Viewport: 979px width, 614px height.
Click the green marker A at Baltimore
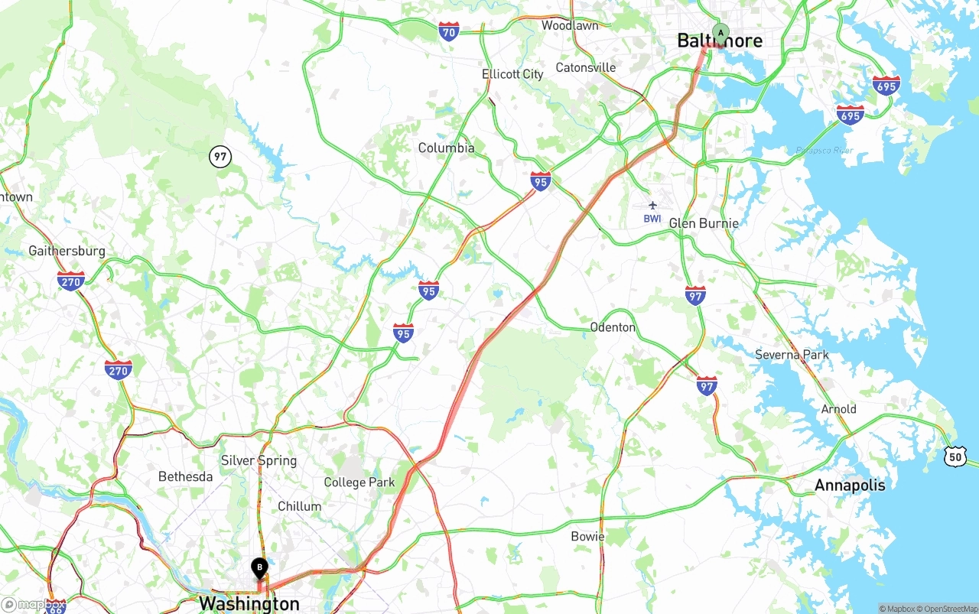click(x=720, y=33)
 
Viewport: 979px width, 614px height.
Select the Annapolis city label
click(x=849, y=485)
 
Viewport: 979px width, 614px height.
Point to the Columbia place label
click(x=446, y=148)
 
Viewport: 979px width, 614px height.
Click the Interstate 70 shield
click(x=449, y=31)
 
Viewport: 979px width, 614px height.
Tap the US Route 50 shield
click(x=955, y=456)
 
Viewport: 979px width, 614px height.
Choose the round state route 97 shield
click(x=220, y=158)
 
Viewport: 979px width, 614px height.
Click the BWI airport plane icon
click(x=652, y=205)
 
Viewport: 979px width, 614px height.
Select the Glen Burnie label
click(x=704, y=223)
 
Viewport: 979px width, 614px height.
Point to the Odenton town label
click(x=612, y=327)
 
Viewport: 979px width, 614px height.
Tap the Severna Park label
click(x=792, y=355)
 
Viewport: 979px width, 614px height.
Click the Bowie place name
click(x=587, y=536)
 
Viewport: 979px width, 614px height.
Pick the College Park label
click(x=359, y=482)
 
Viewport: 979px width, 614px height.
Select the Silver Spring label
click(x=259, y=460)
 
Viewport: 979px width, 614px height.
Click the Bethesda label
click(x=185, y=477)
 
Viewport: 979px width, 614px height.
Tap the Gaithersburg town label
click(x=67, y=251)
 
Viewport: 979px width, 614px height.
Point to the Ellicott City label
click(x=512, y=74)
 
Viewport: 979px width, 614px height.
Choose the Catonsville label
click(x=585, y=67)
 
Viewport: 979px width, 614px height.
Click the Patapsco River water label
click(x=824, y=151)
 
